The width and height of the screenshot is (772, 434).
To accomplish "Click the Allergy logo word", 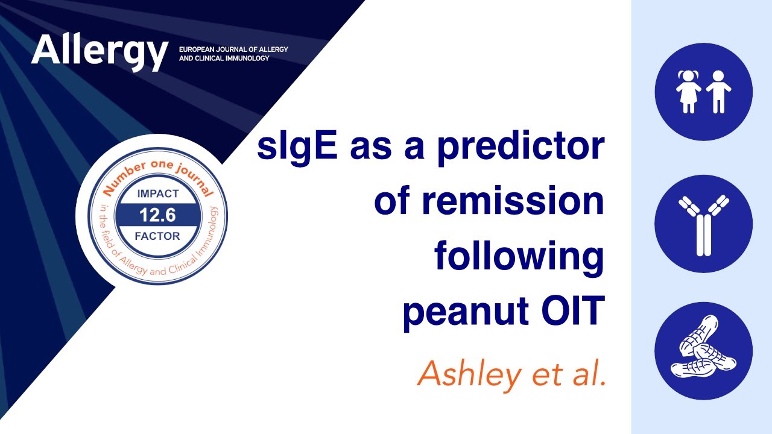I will [x=99, y=51].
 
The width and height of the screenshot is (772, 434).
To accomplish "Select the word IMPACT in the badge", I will [x=158, y=194].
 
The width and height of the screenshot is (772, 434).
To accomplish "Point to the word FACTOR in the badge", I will [x=158, y=236].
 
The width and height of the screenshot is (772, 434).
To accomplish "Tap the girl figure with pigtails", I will [x=688, y=92].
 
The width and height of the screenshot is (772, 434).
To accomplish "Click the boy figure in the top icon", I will [x=718, y=92].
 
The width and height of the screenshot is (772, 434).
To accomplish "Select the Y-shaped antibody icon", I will [x=703, y=225].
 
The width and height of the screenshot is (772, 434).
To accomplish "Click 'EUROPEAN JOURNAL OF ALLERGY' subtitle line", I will [x=233, y=48].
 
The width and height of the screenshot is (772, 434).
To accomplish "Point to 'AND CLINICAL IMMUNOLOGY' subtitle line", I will [x=224, y=58].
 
